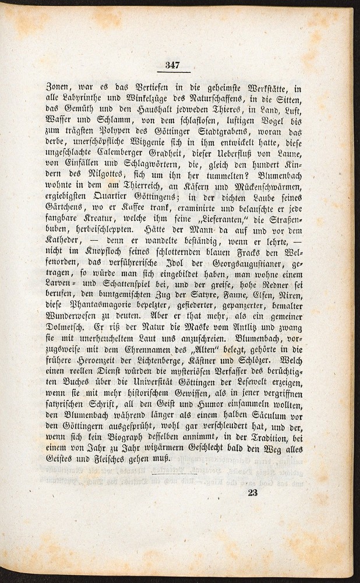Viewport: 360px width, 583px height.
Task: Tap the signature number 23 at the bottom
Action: point(252,492)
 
